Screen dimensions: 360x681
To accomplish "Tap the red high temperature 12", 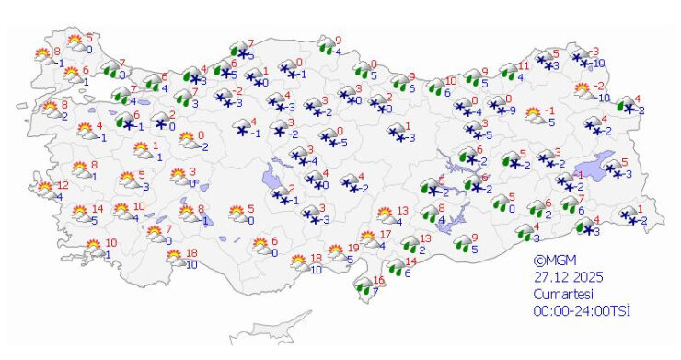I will coord(63,185).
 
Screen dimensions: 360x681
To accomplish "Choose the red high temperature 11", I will coord(525,66).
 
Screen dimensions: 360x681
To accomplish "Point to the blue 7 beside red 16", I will coord(374,292).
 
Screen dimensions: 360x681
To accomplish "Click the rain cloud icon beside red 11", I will coord(507,72).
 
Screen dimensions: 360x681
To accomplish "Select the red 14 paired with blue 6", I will coord(412,261).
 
